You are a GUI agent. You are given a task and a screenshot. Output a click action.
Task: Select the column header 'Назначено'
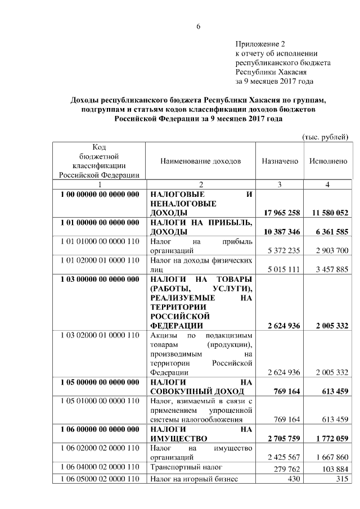point(280,161)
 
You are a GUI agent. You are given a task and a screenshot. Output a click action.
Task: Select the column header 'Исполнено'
point(328,161)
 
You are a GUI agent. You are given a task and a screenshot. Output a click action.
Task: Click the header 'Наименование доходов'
point(200,161)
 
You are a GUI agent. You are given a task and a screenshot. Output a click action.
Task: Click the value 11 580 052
point(328,213)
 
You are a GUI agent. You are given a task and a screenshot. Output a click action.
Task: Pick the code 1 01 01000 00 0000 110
point(99,241)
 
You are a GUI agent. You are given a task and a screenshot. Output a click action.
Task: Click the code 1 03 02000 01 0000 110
point(99,335)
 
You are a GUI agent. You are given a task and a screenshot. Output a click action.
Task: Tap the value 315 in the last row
point(341,479)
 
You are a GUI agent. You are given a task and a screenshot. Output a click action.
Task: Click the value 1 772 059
point(328,438)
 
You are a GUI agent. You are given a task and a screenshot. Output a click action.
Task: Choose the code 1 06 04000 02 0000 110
point(99,467)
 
